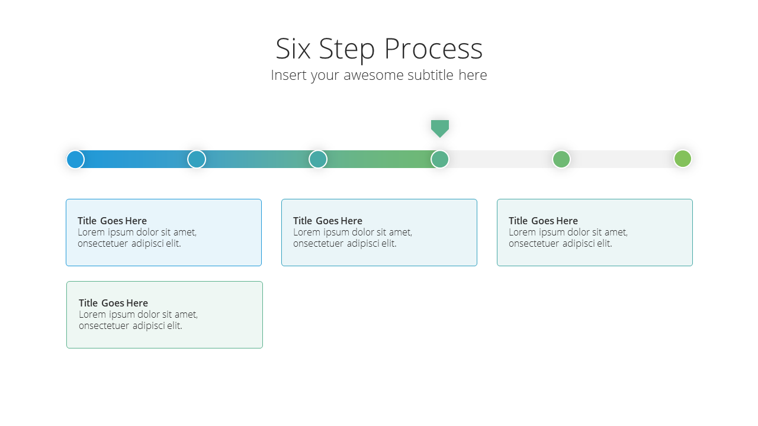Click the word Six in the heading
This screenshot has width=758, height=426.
(x=293, y=49)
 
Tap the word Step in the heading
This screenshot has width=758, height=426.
(x=347, y=50)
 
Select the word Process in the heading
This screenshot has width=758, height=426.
(x=433, y=49)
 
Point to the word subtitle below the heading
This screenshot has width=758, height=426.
(x=431, y=75)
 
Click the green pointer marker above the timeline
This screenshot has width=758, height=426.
(x=440, y=128)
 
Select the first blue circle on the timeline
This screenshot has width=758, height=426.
(x=75, y=159)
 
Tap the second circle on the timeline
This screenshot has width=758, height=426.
(x=197, y=159)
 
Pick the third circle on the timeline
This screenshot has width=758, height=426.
(x=318, y=159)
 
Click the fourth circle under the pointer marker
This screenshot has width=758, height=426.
(x=440, y=159)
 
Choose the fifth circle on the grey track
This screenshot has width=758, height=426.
(x=561, y=159)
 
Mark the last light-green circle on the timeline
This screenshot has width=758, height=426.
(x=683, y=159)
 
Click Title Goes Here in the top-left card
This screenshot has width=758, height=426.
(x=112, y=221)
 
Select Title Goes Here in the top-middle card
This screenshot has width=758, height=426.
(x=327, y=221)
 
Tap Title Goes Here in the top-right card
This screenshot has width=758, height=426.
(x=543, y=221)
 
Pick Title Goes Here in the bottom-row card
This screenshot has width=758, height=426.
(x=113, y=303)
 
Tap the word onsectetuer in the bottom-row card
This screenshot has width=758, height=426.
(x=104, y=325)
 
